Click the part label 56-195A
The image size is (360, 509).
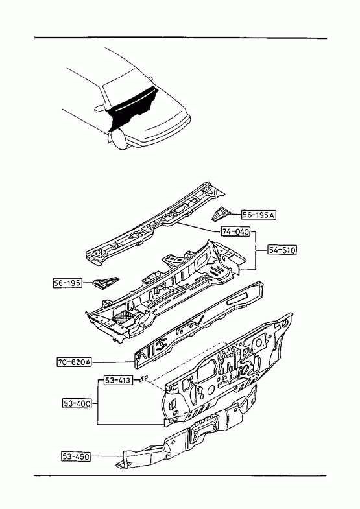click(259, 215)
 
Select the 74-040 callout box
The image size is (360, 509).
click(236, 231)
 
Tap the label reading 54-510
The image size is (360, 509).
click(282, 250)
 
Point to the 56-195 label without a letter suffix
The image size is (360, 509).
click(67, 283)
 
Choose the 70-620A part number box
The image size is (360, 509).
click(74, 362)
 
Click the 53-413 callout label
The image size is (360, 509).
click(118, 380)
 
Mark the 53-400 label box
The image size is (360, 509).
click(77, 404)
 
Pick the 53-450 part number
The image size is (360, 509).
click(76, 456)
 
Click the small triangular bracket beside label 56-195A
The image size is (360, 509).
click(221, 213)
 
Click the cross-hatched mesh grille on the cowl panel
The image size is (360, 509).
click(123, 317)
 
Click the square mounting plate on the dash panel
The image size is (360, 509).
click(259, 344)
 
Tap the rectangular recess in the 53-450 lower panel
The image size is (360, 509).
click(202, 429)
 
